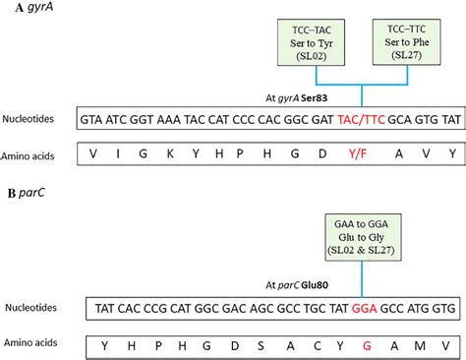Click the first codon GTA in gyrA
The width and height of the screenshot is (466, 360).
[x=94, y=119]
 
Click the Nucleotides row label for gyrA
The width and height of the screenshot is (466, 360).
[x=32, y=118]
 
